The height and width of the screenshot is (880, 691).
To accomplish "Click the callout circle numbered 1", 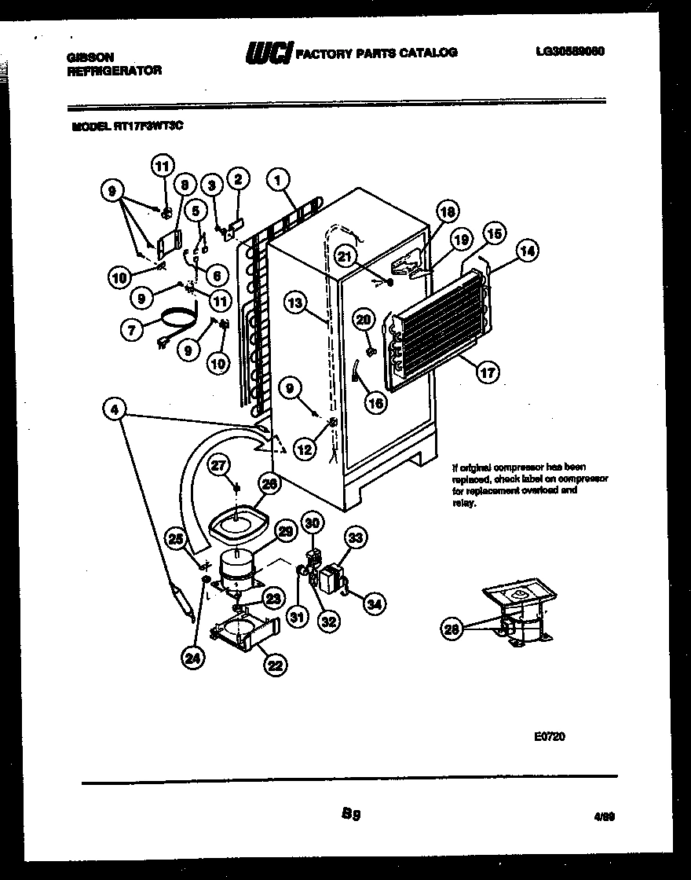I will (x=276, y=180).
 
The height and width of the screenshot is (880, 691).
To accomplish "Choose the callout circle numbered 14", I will (x=528, y=252).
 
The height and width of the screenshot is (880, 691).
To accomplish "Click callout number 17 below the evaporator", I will (x=488, y=372).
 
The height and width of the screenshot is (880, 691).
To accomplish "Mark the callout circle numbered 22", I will (x=275, y=665).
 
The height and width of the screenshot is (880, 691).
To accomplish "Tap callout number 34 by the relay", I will (x=375, y=603).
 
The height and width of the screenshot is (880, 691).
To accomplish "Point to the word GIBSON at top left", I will (x=91, y=57).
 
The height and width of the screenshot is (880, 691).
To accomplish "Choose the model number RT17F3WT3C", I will (x=148, y=124).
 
